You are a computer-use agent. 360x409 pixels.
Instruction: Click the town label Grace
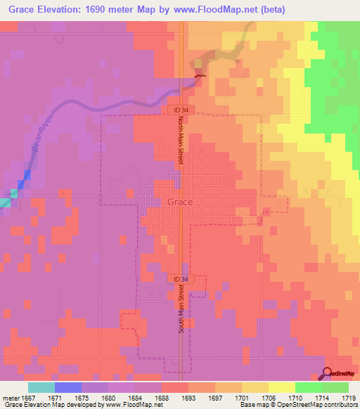[x=180, y=202]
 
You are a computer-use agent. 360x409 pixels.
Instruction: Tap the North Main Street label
[x=179, y=141]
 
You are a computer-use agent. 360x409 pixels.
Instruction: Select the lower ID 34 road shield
[x=176, y=279]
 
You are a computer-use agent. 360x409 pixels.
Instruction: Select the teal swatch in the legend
[x=41, y=387]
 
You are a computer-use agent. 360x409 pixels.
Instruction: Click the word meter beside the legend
[x=10, y=397]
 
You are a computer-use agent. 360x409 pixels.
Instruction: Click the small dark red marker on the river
[x=200, y=77]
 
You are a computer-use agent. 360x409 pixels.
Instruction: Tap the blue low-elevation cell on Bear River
[x=27, y=176]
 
